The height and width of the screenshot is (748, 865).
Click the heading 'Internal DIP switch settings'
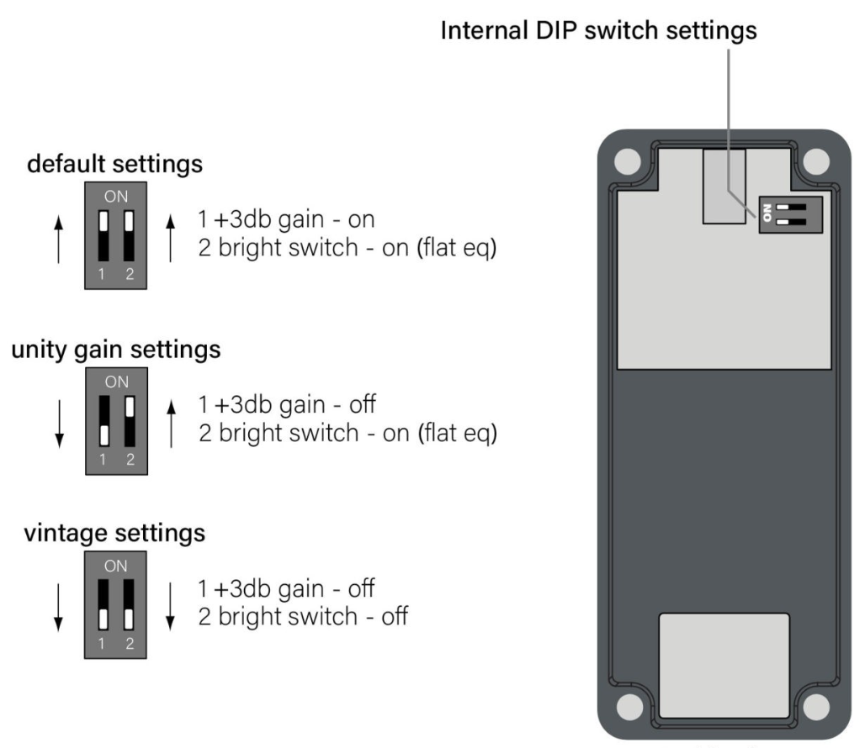pyautogui.click(x=598, y=32)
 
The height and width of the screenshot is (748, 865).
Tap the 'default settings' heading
pyautogui.click(x=115, y=163)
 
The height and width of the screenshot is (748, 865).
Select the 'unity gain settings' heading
pyautogui.click(x=115, y=349)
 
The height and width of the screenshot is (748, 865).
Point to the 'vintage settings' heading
pyautogui.click(x=115, y=533)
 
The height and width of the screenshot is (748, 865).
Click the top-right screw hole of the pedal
pyautogui.click(x=815, y=160)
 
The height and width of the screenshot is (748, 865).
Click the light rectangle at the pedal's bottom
pyautogui.click(x=724, y=664)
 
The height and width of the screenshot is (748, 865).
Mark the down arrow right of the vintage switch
pyautogui.click(x=171, y=605)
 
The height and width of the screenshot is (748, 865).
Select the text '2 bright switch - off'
pyautogui.click(x=303, y=617)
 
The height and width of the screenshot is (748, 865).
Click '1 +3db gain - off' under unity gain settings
pyautogui.click(x=286, y=405)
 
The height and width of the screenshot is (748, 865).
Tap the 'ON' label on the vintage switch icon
pyautogui.click(x=116, y=566)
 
